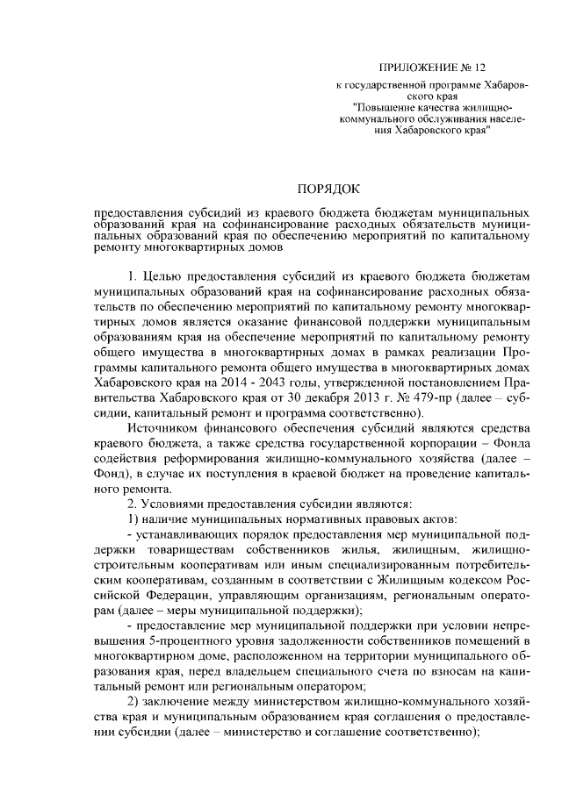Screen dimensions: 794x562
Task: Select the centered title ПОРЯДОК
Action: pyautogui.click(x=328, y=189)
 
